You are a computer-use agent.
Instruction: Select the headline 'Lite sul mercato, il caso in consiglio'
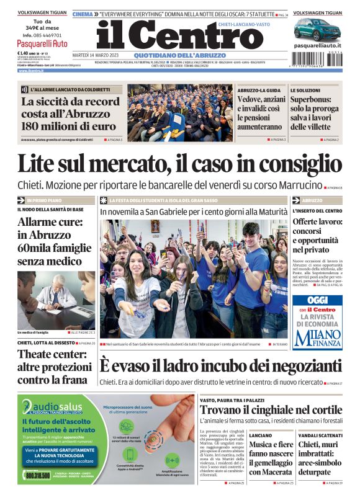point(179,164)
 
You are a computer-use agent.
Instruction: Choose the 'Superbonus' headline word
point(315,102)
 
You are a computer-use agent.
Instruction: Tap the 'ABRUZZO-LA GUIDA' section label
point(259,90)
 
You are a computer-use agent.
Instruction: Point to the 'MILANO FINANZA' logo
point(317,337)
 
